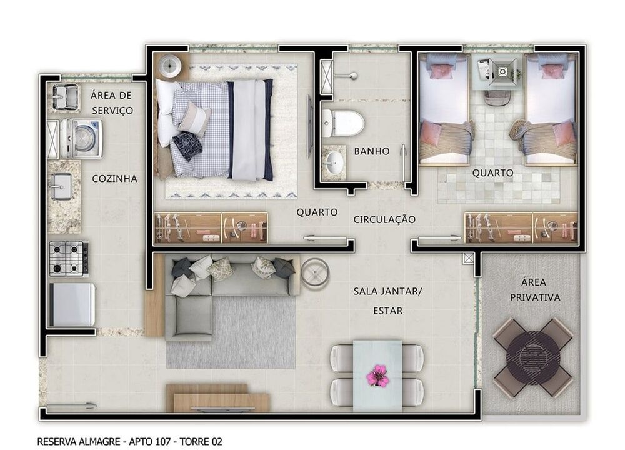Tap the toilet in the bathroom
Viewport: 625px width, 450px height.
click(342, 122)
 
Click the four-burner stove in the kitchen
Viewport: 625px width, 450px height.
click(69, 259)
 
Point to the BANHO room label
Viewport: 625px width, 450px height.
click(371, 151)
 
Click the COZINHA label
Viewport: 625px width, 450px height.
click(115, 179)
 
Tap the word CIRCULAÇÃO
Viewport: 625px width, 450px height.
click(384, 219)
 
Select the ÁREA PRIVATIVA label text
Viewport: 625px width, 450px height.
click(535, 290)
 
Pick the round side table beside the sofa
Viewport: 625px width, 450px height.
click(315, 272)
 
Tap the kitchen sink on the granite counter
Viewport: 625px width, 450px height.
click(60, 186)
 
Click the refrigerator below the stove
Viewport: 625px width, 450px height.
click(72, 305)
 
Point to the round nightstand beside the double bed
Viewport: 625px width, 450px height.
click(171, 66)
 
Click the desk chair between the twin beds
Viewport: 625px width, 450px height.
click(496, 98)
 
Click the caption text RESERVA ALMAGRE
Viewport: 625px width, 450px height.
click(79, 442)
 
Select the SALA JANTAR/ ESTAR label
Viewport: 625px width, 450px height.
click(387, 301)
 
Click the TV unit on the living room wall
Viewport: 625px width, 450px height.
click(218, 398)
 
